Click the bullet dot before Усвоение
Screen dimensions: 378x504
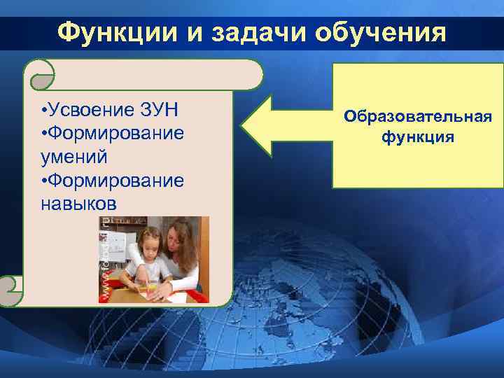[x=43, y=111]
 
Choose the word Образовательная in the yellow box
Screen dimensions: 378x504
[x=417, y=116]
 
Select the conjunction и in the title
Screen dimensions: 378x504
[x=199, y=32]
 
